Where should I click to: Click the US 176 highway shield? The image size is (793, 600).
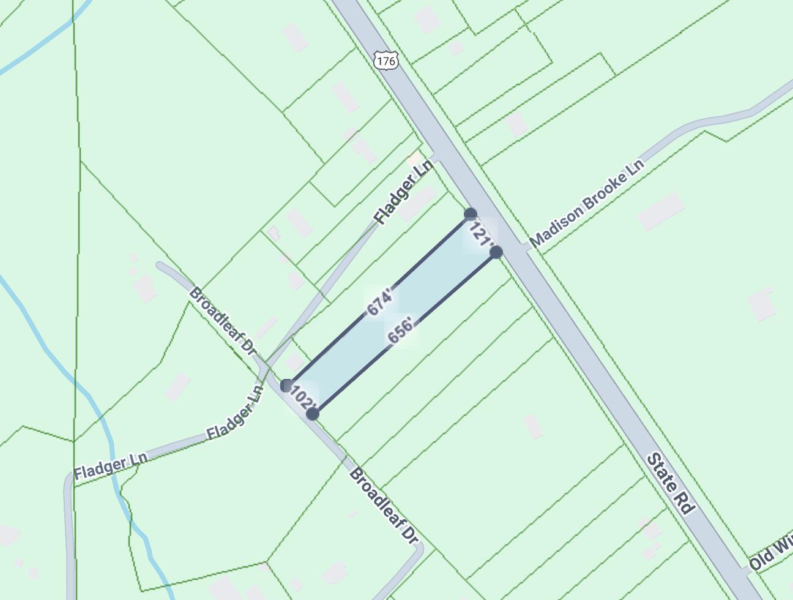click(x=385, y=61)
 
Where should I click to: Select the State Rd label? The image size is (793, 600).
click(x=671, y=484)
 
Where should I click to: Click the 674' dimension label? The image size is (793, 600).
click(x=380, y=302)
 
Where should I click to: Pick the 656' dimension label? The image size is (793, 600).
click(x=400, y=331)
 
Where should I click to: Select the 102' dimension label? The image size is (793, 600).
click(x=303, y=399)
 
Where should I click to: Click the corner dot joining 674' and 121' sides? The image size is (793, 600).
click(x=471, y=214)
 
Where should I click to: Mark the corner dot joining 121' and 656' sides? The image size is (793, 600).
click(x=496, y=252)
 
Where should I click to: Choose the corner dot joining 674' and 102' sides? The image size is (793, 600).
click(x=286, y=386)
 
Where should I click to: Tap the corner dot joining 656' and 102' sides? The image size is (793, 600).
click(x=313, y=414)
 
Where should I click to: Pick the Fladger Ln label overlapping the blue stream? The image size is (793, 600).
click(x=111, y=467)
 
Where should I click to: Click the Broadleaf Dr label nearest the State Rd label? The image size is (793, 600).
click(x=383, y=506)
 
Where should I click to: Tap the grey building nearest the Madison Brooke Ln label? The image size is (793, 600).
click(x=660, y=211)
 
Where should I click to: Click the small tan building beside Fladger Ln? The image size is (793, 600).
click(x=415, y=159)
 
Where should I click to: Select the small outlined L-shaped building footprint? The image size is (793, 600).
click(x=273, y=233)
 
